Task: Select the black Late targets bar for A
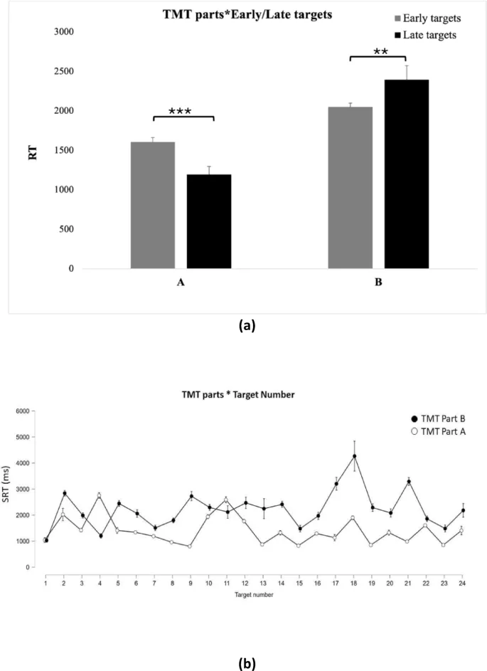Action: (209, 221)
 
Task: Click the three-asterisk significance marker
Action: (183, 111)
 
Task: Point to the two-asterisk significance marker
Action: (378, 51)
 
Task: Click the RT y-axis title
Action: (32, 151)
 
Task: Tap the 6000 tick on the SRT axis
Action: (35, 411)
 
